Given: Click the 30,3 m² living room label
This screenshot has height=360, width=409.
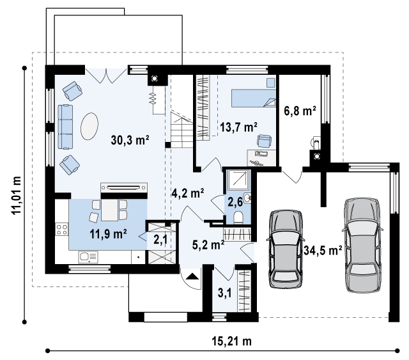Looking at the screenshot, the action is [130, 140].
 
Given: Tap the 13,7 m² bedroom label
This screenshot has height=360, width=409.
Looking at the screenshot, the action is [238, 128].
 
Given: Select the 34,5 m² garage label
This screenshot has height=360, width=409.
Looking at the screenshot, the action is [323, 251].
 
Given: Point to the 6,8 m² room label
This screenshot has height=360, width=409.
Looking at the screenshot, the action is [300, 111].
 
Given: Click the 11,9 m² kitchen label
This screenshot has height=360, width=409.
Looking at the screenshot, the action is [108, 234].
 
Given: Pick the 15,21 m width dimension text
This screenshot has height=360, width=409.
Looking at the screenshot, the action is [231, 341].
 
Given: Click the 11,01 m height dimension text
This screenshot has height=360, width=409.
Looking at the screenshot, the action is [17, 195].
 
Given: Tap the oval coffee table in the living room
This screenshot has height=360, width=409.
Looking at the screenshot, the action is [89, 127].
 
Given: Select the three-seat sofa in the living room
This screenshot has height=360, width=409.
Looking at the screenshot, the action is [65, 127].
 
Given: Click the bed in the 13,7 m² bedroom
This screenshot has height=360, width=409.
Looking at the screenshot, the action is [254, 98].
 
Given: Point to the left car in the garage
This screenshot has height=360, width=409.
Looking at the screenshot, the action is [286, 249].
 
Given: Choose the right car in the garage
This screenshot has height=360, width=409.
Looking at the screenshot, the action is [362, 245].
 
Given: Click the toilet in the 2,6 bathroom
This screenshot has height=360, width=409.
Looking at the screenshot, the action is [238, 217].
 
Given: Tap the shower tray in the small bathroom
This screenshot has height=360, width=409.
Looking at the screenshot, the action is [238, 180].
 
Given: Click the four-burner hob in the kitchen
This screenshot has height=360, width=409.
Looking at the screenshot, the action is [62, 230].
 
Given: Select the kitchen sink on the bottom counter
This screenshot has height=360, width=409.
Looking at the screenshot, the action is [88, 257].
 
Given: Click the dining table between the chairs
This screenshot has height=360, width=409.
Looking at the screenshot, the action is [110, 210].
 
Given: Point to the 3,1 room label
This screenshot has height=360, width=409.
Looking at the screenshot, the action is [224, 293].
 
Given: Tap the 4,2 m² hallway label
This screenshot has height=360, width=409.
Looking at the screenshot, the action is [188, 194].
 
